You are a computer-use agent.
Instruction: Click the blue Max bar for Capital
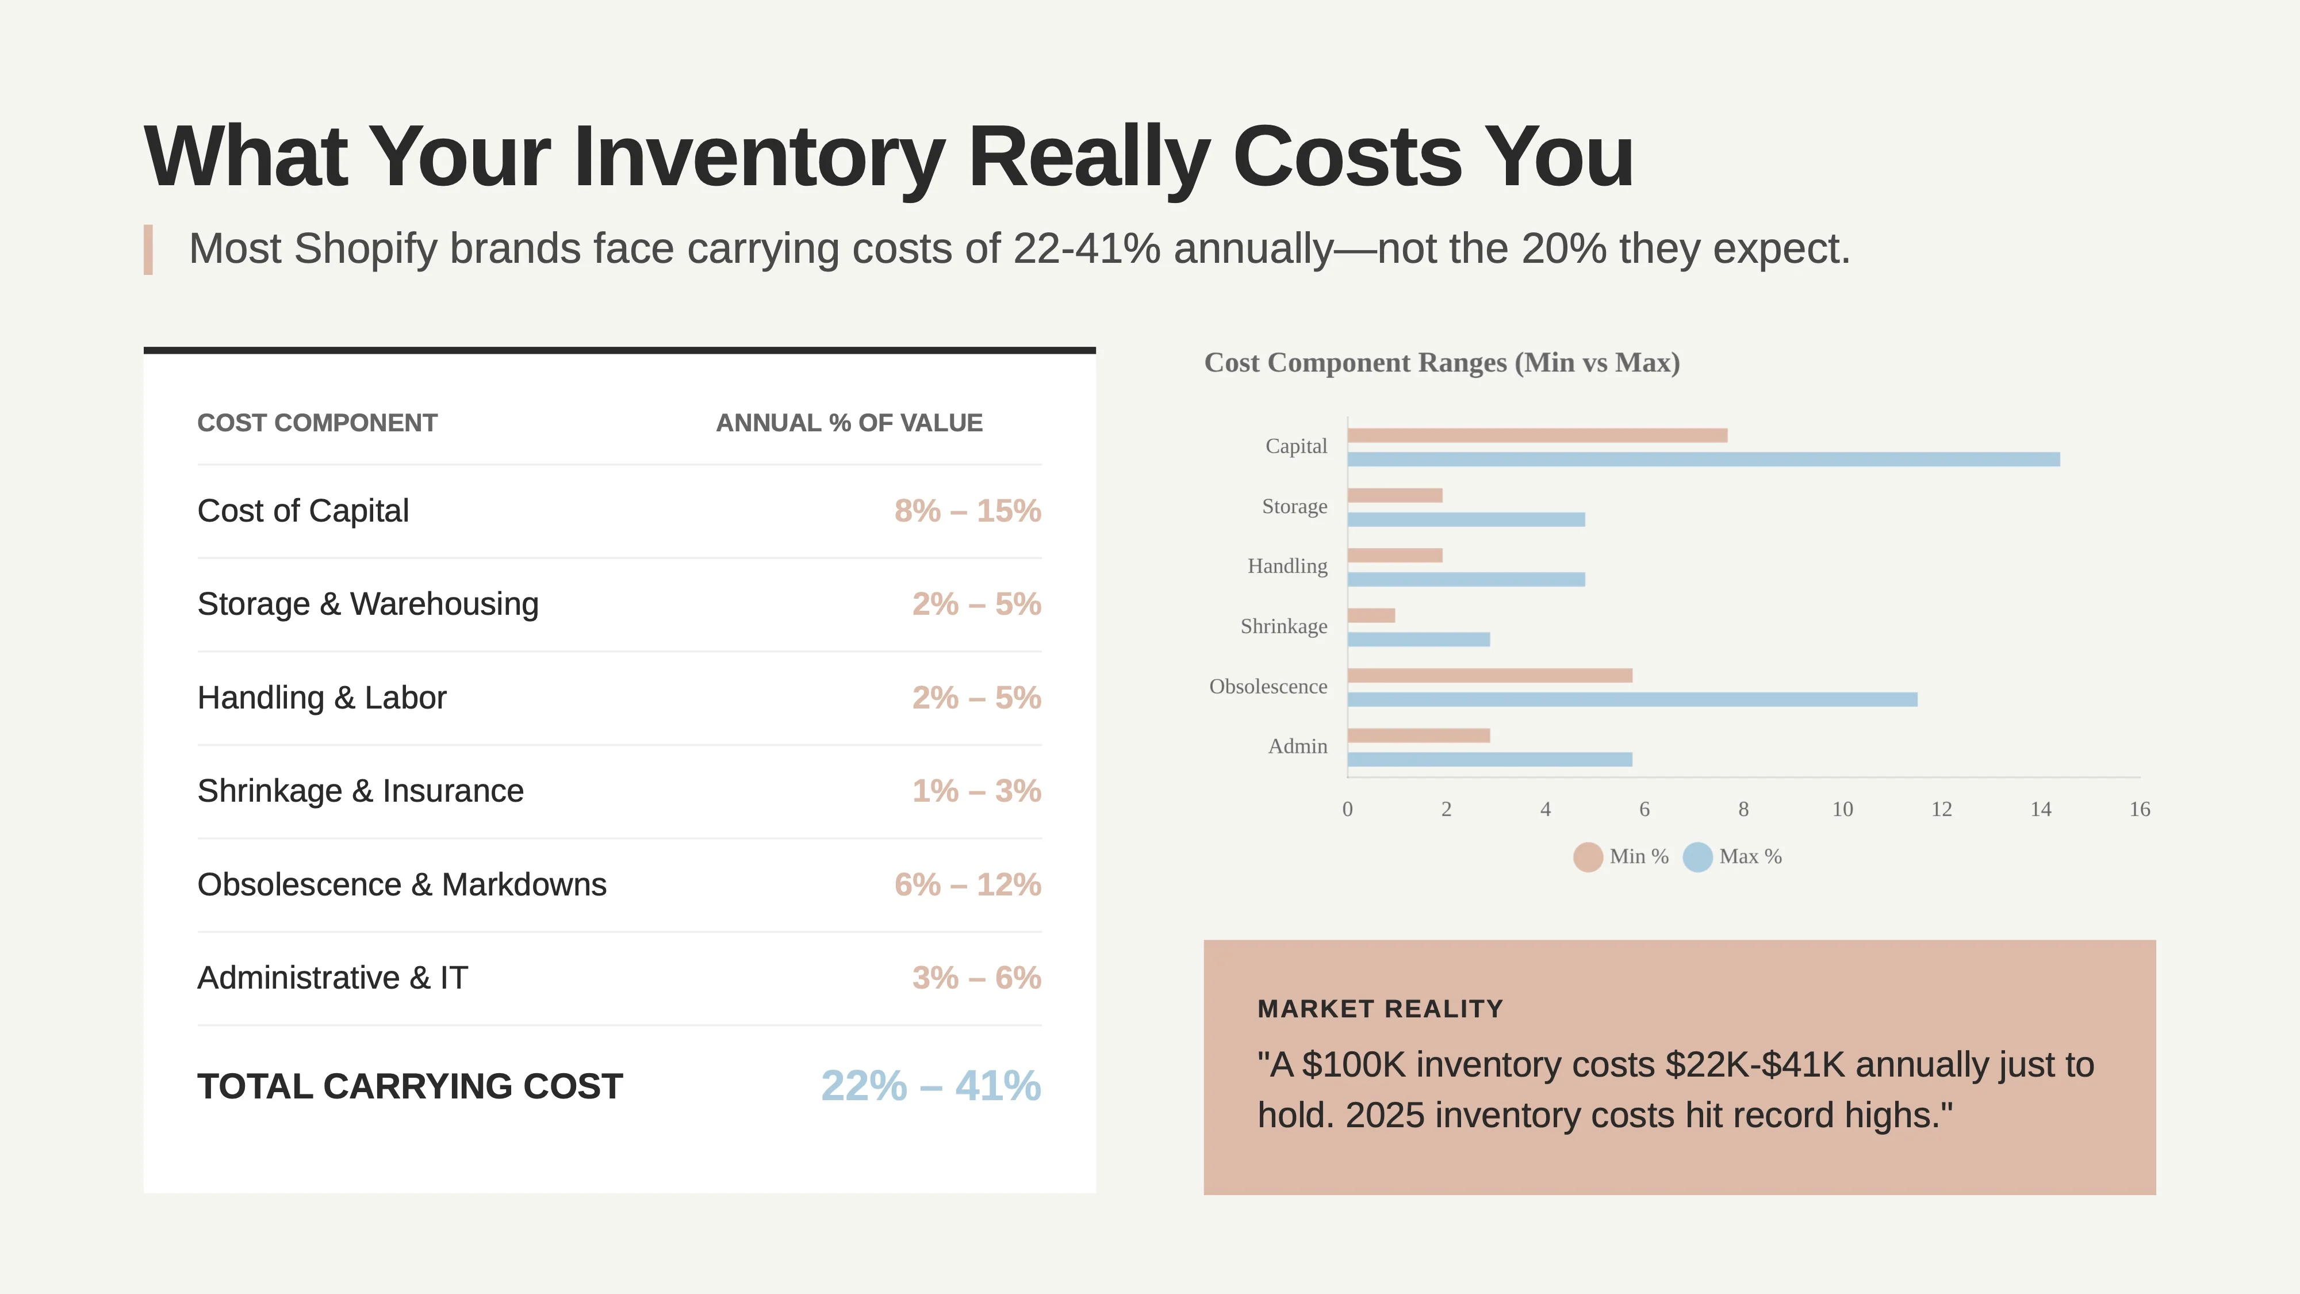(x=1703, y=459)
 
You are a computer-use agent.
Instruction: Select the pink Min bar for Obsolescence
(x=1489, y=676)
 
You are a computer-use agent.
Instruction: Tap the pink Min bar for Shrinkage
(x=1371, y=615)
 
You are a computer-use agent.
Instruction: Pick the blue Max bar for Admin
(x=1489, y=760)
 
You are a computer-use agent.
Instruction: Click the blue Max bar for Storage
(x=1465, y=520)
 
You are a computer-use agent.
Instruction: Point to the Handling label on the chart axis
(x=1287, y=566)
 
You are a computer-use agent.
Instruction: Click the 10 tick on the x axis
(x=1842, y=809)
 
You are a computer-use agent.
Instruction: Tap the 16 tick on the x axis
(x=2139, y=809)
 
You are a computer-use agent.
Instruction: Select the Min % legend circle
(x=1588, y=857)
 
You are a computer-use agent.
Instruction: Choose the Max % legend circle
(x=1697, y=857)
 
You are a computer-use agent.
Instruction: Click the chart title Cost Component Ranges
(x=1441, y=362)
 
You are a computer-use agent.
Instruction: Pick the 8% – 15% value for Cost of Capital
(x=967, y=511)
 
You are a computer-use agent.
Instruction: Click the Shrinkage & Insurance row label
(x=360, y=791)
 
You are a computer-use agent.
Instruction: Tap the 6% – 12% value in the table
(x=967, y=885)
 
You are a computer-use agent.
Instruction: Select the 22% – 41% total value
(x=930, y=1086)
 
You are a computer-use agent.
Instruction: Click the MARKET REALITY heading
(x=1379, y=1009)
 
